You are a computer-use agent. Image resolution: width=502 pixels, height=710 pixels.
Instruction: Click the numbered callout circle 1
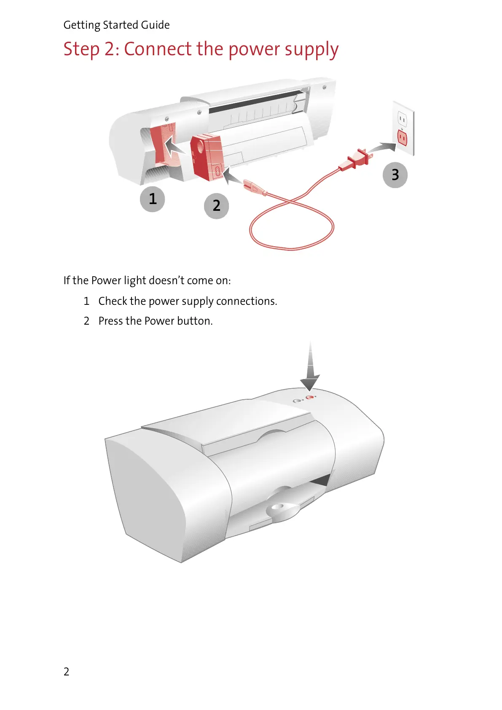click(152, 199)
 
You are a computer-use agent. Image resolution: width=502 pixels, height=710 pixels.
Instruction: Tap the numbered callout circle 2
click(216, 206)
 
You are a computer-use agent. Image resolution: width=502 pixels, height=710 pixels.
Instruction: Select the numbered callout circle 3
click(395, 175)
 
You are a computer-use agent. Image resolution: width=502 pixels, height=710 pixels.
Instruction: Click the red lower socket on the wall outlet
click(402, 137)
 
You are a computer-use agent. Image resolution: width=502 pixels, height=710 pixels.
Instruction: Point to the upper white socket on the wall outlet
click(402, 120)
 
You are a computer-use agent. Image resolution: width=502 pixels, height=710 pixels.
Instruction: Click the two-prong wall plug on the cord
click(357, 160)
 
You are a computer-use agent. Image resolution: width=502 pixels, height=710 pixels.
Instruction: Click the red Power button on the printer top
click(310, 397)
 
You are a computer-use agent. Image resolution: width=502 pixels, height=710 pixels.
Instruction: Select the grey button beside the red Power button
click(297, 401)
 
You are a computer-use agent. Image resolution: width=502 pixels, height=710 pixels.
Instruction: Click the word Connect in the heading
click(158, 49)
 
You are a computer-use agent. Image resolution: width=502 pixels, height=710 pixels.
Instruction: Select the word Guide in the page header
click(156, 25)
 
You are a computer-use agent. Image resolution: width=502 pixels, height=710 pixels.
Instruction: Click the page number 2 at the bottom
click(66, 671)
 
